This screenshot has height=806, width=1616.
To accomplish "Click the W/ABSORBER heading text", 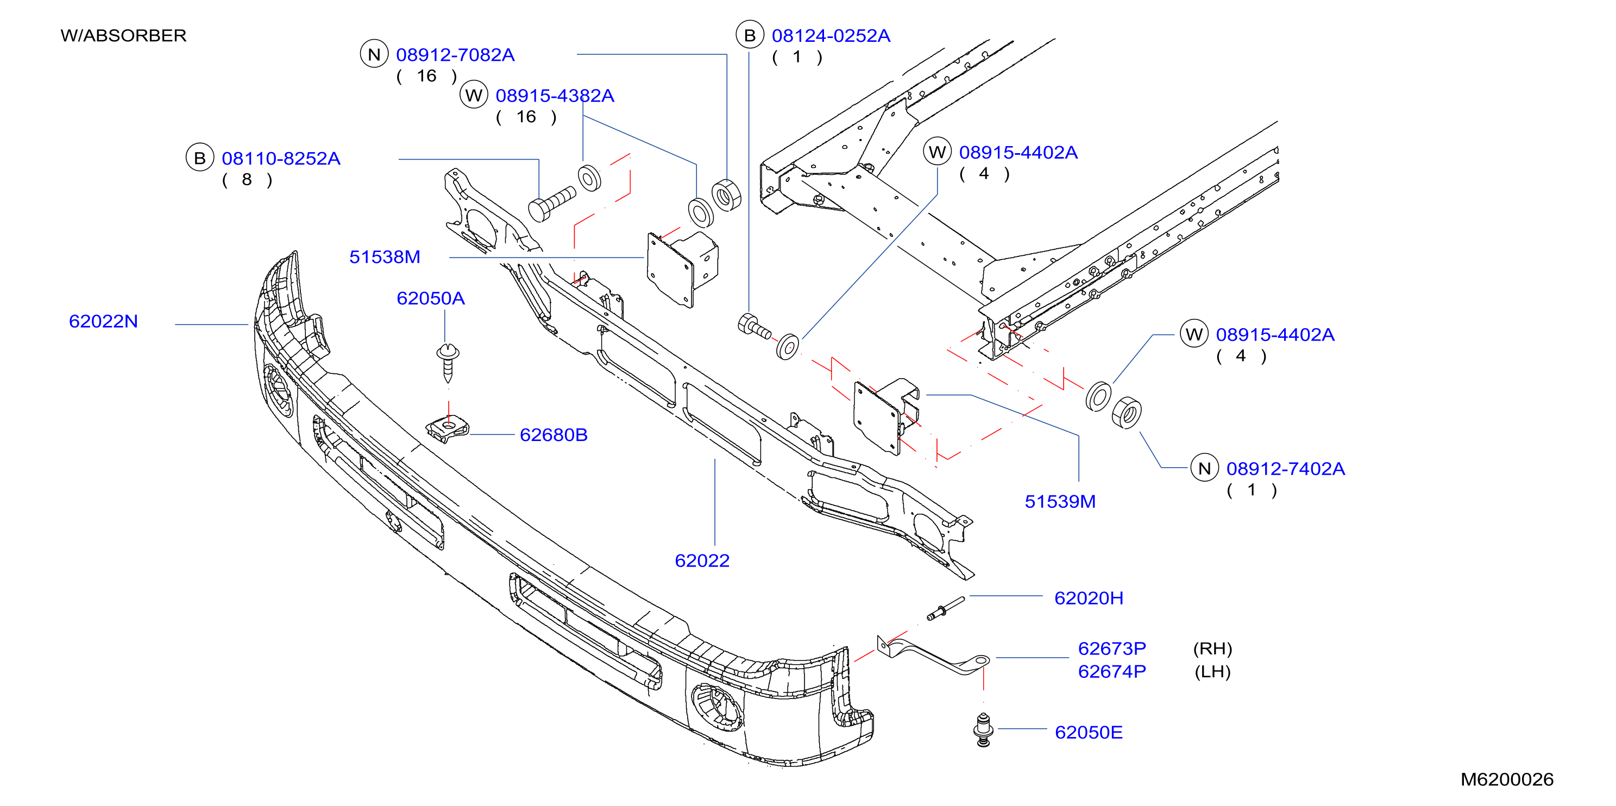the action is coord(124,36).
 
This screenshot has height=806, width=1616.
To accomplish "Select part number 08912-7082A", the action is coord(455,55).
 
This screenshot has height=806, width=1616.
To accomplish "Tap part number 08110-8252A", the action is coord(280,159).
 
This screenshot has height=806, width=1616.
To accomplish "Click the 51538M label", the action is coord(385,257).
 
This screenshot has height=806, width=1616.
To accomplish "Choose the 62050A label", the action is coord(430,299).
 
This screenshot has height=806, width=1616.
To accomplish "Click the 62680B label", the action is coord(554,435).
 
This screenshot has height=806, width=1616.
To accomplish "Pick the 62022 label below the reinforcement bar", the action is coord(702,561).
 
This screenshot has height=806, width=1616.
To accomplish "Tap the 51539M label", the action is coord(1060,502).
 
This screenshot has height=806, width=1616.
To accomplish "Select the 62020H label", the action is coord(1089,599).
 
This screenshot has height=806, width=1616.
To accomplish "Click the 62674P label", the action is coord(1111,672).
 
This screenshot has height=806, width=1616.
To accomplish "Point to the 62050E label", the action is coord(1089,733).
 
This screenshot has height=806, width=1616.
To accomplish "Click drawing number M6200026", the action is coord(1507,779).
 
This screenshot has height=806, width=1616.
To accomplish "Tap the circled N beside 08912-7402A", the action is coord(1204,469).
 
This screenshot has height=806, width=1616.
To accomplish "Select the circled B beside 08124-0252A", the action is coord(750,35).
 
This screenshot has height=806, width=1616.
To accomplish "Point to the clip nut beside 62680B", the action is coord(447,429).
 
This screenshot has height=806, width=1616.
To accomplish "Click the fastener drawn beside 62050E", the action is coord(983,730).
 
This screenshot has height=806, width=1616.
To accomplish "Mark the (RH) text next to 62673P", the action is coord(1212,648).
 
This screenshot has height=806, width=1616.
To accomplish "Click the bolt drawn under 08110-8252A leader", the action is coord(551,203).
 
